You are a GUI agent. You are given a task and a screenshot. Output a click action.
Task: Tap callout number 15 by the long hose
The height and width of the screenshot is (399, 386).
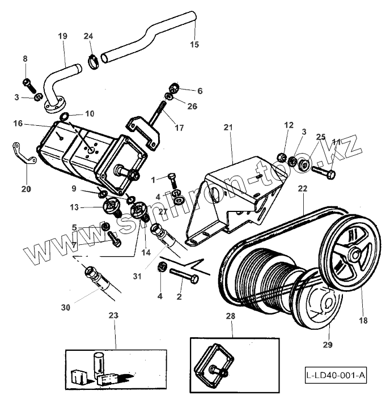click(194, 44)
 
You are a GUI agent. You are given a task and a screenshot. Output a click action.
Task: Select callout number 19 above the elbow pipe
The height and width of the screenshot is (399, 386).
click(63, 36)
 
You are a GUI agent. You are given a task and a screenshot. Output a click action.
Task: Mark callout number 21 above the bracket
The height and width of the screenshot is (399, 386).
click(228, 129)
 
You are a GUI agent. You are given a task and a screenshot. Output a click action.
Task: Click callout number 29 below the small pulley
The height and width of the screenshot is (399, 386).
click(328, 344)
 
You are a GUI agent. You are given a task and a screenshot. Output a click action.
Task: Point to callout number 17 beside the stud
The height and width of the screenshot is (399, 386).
click(179, 128)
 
